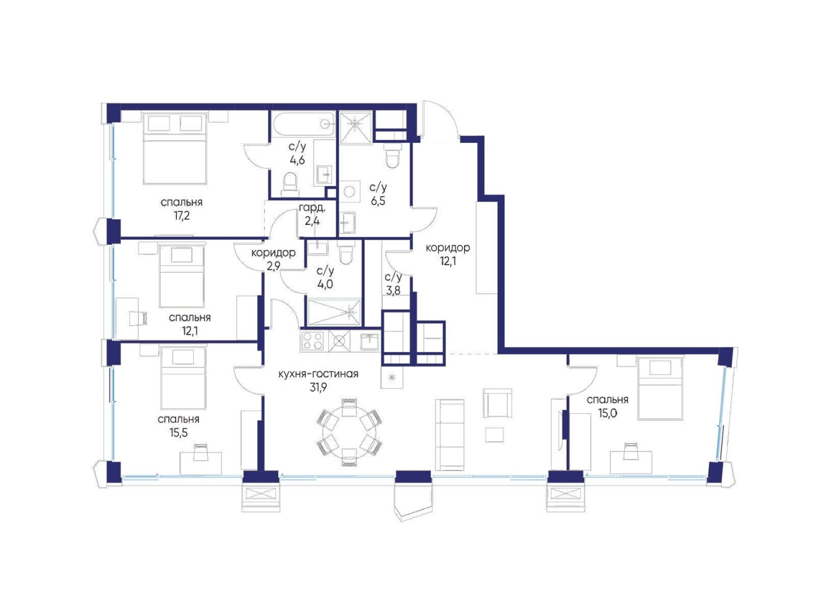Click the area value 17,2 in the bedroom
coord(182,216)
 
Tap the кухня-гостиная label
coord(318,374)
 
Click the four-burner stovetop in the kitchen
coord(312,340)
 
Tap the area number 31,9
coord(318,388)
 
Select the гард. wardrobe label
coord(312,208)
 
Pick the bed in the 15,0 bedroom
coord(660,389)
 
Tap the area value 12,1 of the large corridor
coord(448,261)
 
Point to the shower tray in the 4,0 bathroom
coord(333,312)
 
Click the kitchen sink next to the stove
coord(370,340)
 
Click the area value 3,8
coord(393,290)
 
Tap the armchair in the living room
coord(497,403)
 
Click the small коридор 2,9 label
coord(273,259)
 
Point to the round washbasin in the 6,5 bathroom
coord(349,191)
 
